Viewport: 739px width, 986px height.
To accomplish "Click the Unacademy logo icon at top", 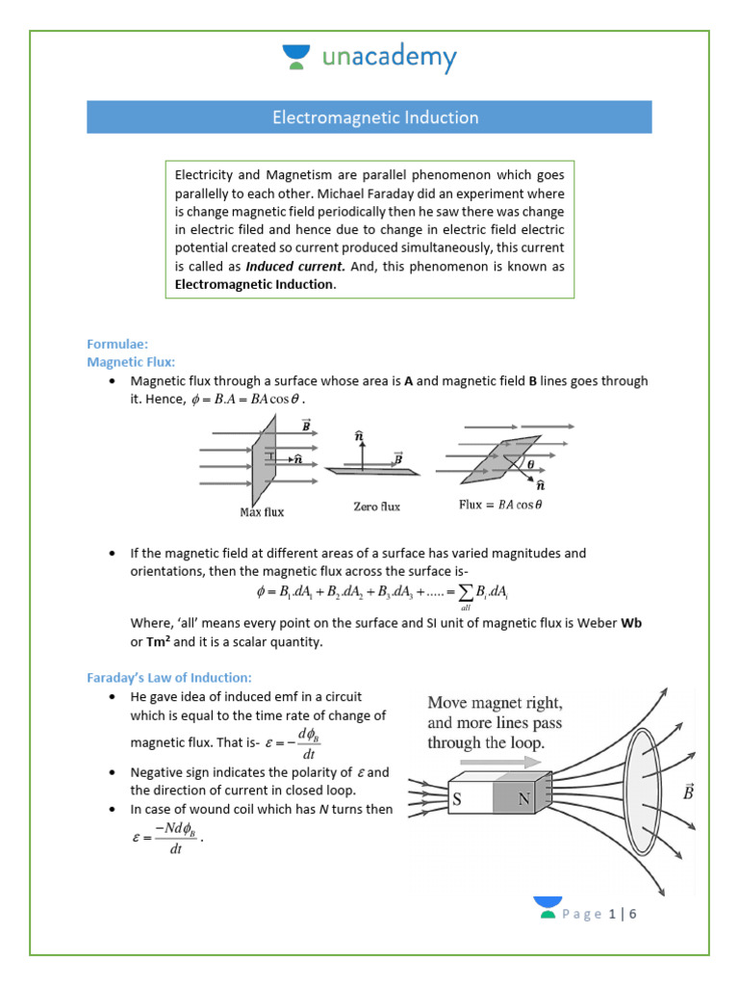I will click(295, 57).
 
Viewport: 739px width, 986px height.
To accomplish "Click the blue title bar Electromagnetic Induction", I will click(369, 117).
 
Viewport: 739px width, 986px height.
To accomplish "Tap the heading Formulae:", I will click(117, 343).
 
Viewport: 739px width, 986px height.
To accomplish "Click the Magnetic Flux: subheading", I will click(131, 361).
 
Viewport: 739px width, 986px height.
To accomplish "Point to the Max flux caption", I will click(262, 512).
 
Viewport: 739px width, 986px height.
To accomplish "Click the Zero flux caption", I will click(377, 506).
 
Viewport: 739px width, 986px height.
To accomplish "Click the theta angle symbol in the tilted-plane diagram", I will click(530, 463).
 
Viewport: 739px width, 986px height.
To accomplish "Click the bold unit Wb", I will click(631, 623).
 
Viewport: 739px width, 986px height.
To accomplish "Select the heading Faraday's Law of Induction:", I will click(168, 678).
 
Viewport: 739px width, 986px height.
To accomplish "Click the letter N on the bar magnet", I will click(524, 798).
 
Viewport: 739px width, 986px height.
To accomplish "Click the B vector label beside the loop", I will click(687, 791).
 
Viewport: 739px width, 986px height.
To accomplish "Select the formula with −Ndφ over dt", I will click(166, 839).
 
